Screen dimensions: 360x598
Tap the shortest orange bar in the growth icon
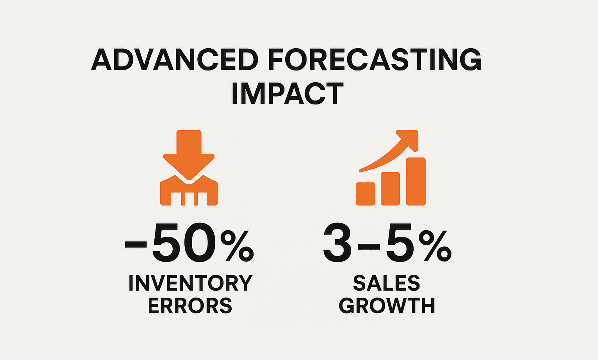365,193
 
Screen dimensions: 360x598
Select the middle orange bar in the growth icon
390,188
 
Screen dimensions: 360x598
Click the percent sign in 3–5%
435,245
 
